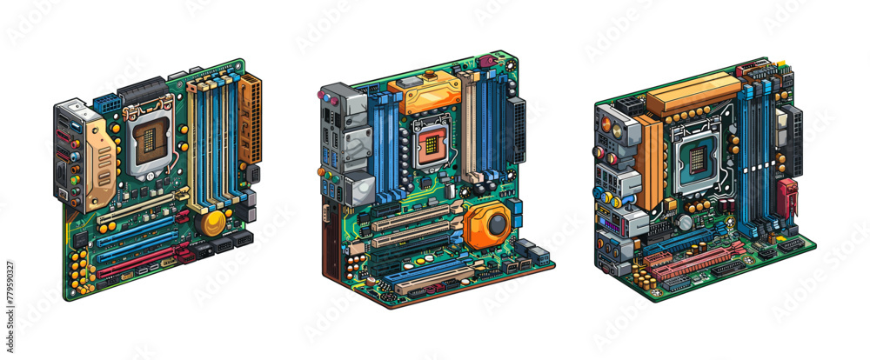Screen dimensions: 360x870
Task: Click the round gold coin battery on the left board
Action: [211, 223]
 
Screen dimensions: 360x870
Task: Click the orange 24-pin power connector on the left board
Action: [250, 118]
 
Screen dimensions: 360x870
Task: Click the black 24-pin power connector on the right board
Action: [793, 140]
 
